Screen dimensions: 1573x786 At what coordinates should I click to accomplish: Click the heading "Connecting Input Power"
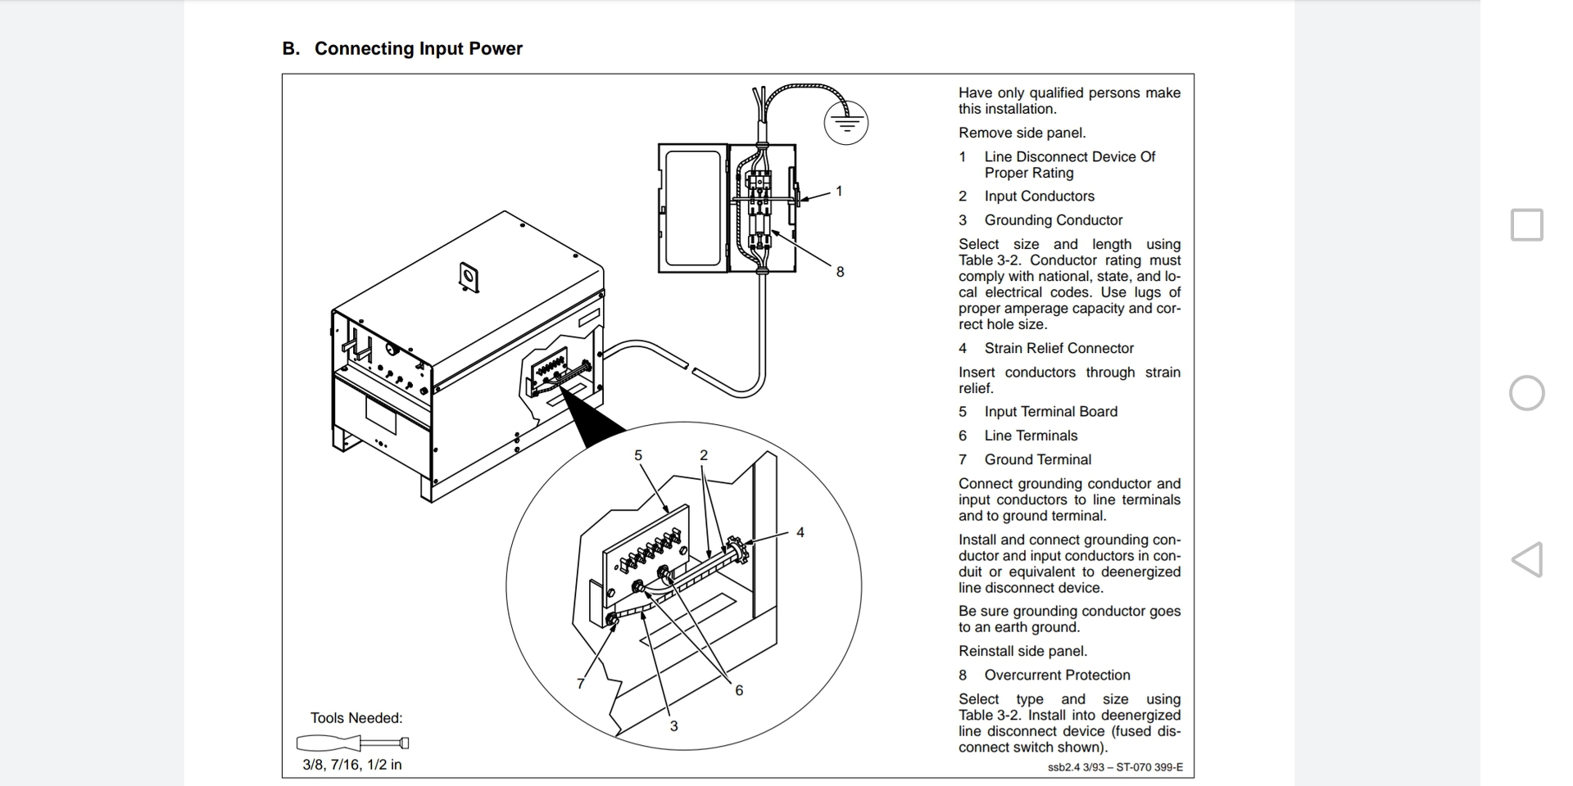click(x=418, y=49)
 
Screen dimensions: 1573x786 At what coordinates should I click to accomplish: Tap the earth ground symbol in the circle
click(x=845, y=124)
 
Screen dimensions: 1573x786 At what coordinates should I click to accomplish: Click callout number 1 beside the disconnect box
click(x=839, y=192)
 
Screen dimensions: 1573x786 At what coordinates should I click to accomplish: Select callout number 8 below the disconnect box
click(x=840, y=272)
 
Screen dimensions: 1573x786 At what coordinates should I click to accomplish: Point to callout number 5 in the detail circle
click(x=638, y=455)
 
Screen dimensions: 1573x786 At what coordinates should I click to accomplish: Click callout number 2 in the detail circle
click(x=704, y=455)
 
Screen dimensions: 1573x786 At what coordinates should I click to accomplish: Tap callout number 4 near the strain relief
click(x=800, y=532)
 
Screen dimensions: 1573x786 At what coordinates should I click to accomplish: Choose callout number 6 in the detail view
click(x=739, y=690)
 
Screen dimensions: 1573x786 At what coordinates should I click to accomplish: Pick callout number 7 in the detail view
click(x=581, y=684)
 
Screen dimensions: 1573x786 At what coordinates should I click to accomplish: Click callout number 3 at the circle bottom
click(x=673, y=726)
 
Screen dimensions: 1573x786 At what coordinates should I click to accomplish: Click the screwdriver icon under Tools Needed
click(x=352, y=743)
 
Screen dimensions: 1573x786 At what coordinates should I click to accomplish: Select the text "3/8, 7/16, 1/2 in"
click(x=352, y=765)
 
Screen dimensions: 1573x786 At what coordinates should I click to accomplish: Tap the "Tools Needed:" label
click(x=356, y=718)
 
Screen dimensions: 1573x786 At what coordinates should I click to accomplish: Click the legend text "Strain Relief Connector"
click(x=1059, y=348)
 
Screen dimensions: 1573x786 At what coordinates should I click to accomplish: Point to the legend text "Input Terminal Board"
click(x=1051, y=412)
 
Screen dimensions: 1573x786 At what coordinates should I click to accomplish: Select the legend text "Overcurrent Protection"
click(x=1058, y=675)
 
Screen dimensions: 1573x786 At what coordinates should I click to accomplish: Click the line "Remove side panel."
click(x=1022, y=133)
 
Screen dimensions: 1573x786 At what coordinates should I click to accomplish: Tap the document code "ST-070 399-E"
click(x=1149, y=767)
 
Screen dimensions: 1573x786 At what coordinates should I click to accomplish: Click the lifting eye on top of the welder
click(x=469, y=277)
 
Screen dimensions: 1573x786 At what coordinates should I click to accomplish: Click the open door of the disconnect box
click(x=693, y=208)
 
